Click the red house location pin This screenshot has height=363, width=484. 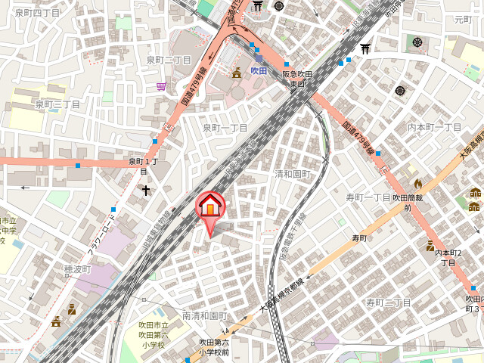click(210, 206)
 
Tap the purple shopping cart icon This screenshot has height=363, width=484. click(161, 87)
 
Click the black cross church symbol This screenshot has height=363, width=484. click(145, 191)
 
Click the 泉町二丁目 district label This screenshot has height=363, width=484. click(169, 60)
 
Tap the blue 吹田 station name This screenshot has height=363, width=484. click(259, 70)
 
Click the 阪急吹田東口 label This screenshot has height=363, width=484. click(297, 79)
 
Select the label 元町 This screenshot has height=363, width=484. click(462, 19)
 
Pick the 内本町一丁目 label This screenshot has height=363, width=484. click(434, 127)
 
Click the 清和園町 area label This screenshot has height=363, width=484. click(292, 173)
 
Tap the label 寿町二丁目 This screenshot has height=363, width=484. click(388, 302)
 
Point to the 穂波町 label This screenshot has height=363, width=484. click(77, 269)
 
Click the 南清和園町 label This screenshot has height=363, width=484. click(204, 315)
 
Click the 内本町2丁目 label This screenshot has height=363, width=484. click(449, 257)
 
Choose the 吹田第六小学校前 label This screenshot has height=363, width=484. click(214, 347)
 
